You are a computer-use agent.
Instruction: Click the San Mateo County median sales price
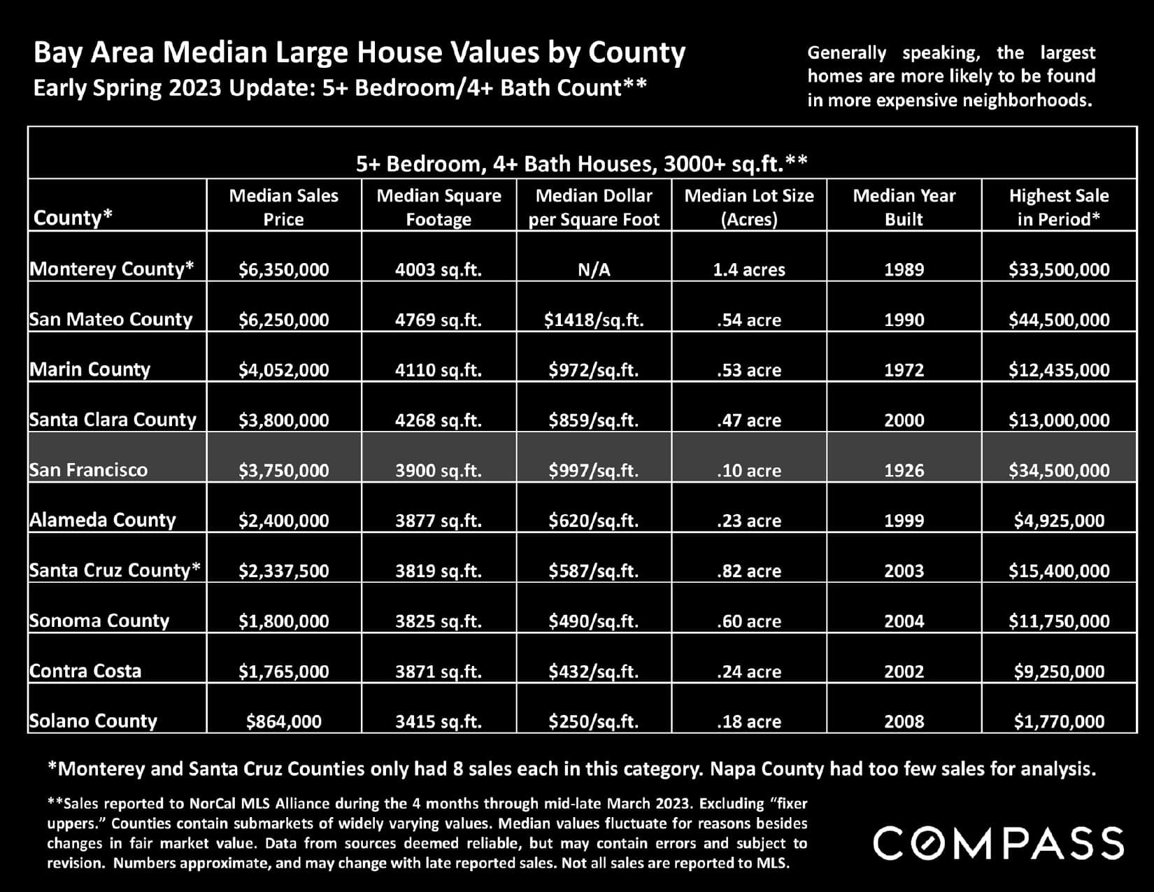(283, 320)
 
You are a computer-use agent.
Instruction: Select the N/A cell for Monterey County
(594, 269)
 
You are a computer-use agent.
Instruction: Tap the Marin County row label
(90, 369)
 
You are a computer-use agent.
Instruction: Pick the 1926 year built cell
(904, 470)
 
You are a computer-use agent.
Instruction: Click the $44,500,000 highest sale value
(1058, 320)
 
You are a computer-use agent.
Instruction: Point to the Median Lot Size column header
(749, 207)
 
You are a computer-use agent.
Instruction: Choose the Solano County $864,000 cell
(283, 721)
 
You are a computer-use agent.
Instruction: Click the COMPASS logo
(998, 842)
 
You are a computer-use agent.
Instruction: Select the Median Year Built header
(904, 207)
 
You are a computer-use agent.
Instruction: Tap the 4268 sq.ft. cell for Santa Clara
(439, 420)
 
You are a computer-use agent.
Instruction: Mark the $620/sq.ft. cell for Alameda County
(594, 521)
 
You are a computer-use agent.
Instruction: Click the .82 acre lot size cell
(749, 571)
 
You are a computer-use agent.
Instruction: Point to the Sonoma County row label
(99, 621)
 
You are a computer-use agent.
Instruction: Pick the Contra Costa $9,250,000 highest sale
(1059, 672)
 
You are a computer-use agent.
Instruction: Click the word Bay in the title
(58, 53)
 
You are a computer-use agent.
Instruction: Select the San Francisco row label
(89, 470)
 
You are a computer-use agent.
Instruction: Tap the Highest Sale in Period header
(1059, 207)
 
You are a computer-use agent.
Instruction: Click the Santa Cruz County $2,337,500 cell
(283, 571)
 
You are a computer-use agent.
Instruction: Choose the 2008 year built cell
(904, 721)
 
